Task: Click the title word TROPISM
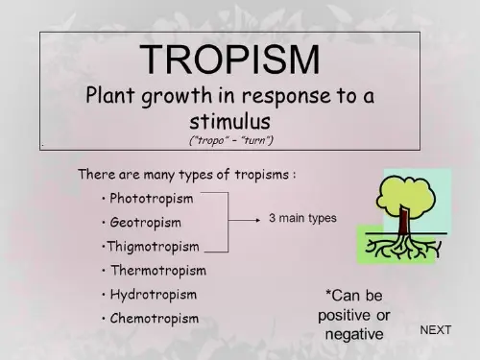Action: coord(229,60)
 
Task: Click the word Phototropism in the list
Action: coord(151,199)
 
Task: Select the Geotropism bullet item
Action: coord(145,223)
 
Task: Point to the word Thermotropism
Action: coord(157,270)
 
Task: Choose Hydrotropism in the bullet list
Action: coord(153,294)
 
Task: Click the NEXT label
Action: coord(436,330)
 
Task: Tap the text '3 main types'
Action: coord(302,218)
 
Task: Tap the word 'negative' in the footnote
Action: coord(354,333)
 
